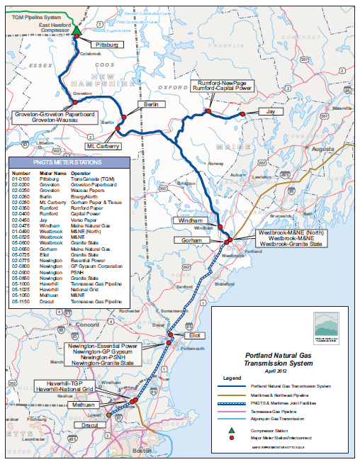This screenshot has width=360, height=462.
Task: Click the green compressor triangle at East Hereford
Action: click(x=77, y=30)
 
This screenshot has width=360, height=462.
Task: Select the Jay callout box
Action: click(x=269, y=112)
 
